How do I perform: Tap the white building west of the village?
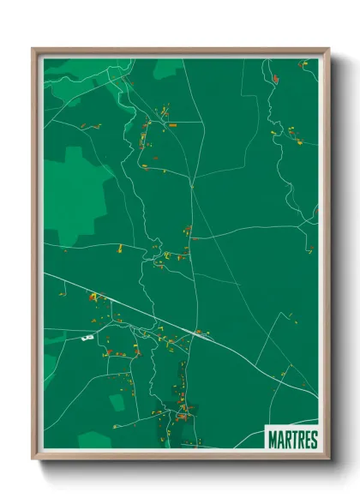(86, 338)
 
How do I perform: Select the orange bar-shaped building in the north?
(172, 125)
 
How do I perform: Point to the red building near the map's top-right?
(275, 79)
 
